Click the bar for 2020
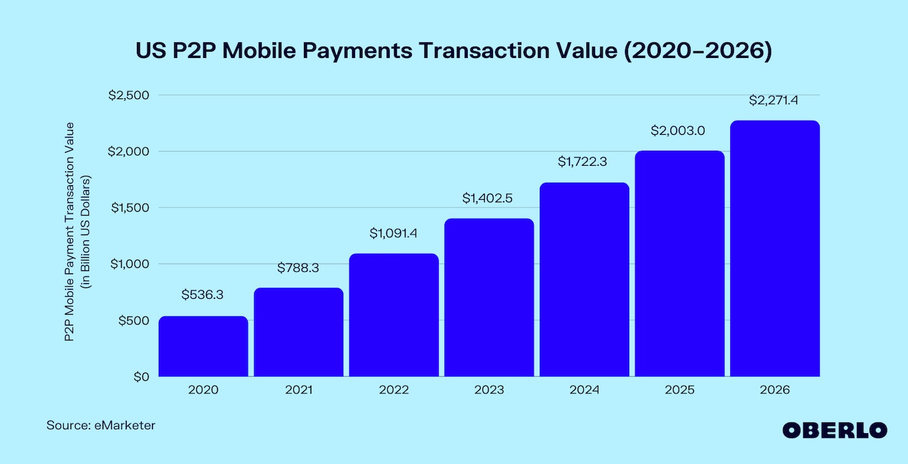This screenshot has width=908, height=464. tap(203, 346)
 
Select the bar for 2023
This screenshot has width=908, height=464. tap(489, 298)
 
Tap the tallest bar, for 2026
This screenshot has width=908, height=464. tap(774, 248)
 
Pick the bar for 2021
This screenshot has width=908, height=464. tap(298, 332)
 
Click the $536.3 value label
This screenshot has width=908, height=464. tap(203, 294)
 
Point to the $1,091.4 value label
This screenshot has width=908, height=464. tap(393, 233)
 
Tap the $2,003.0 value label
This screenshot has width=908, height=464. tap(678, 131)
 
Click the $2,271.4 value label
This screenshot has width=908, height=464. tap(774, 100)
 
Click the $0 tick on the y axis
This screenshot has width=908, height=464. tap(140, 376)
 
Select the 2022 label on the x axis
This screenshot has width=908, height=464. tap(393, 390)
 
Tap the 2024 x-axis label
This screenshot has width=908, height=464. tap(584, 390)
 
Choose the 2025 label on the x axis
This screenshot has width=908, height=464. tap(679, 390)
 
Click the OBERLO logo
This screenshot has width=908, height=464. tap(835, 431)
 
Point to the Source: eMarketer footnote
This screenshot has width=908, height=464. tap(101, 426)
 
